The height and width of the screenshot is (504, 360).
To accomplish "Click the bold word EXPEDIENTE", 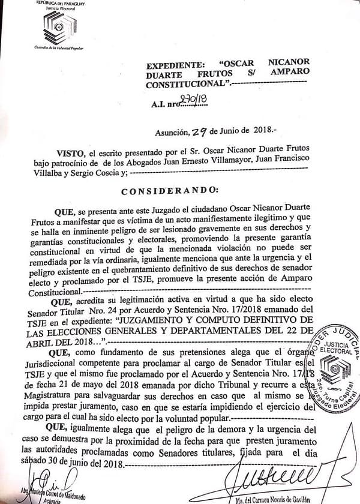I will [x=178, y=68].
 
